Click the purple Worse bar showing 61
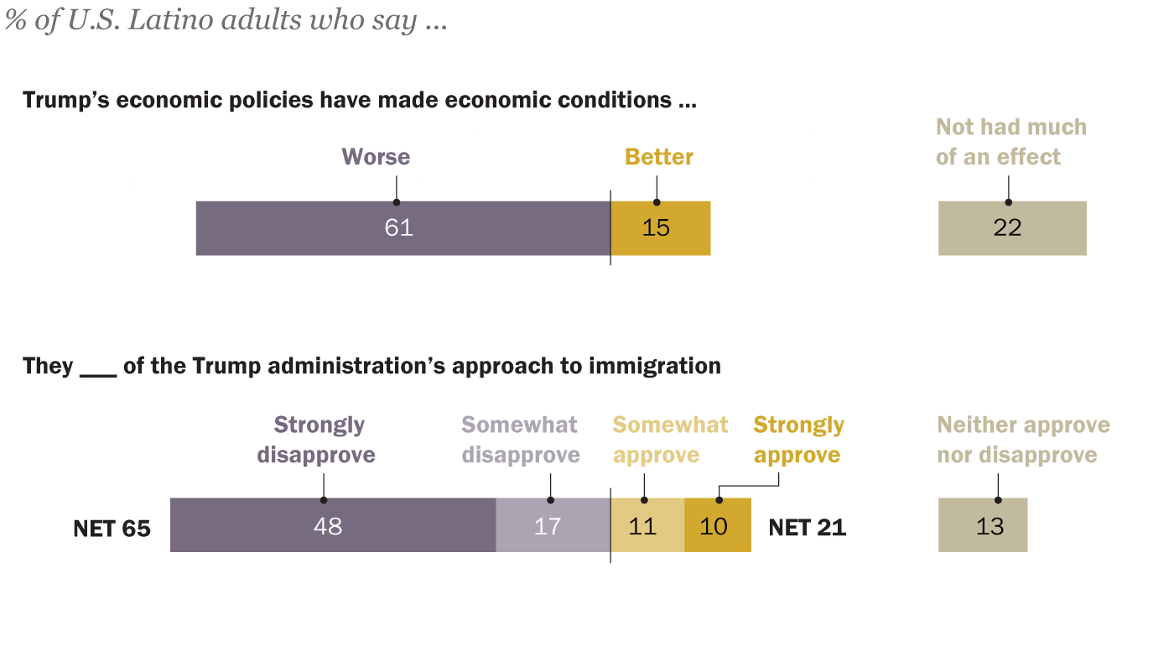click(x=403, y=228)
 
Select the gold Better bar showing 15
click(x=661, y=228)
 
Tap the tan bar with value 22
click(x=1012, y=228)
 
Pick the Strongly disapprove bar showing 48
click(x=333, y=525)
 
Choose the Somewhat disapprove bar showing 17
click(x=553, y=525)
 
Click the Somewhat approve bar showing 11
click(x=647, y=525)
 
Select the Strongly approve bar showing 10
click(x=718, y=525)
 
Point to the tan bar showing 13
click(x=983, y=525)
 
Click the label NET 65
click(x=112, y=529)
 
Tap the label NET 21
click(x=808, y=528)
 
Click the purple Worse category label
click(x=376, y=157)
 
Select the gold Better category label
click(x=659, y=157)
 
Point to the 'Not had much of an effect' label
click(x=1010, y=142)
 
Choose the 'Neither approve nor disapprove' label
click(x=1023, y=440)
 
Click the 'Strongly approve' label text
click(x=797, y=440)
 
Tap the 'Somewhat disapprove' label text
click(x=521, y=440)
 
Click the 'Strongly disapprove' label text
click(x=317, y=440)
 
